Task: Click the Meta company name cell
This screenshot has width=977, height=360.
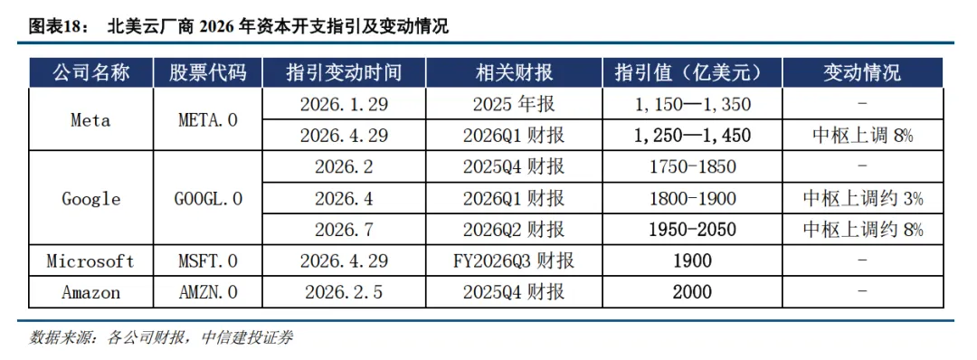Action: click(x=90, y=119)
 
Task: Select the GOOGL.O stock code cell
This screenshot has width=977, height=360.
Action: click(x=207, y=199)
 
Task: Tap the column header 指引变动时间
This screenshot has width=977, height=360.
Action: click(x=344, y=73)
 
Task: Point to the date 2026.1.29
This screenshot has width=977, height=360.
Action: click(x=344, y=103)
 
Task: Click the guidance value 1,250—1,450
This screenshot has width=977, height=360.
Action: click(x=692, y=135)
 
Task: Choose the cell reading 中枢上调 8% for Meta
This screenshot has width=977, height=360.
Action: click(x=862, y=135)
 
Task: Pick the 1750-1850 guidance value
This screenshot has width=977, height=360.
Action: click(x=692, y=167)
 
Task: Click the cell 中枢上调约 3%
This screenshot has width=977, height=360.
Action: click(x=862, y=199)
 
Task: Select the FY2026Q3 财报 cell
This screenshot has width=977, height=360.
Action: click(x=514, y=261)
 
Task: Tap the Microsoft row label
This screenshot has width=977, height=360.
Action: click(x=90, y=261)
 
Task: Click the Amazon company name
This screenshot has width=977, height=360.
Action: click(x=90, y=291)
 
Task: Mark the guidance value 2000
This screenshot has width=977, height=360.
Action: click(x=692, y=291)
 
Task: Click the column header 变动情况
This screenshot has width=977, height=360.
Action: click(x=862, y=73)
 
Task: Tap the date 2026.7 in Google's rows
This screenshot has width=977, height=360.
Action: click(x=344, y=230)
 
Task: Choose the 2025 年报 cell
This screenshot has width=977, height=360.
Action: click(x=514, y=103)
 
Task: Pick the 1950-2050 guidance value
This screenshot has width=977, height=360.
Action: click(x=692, y=230)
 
